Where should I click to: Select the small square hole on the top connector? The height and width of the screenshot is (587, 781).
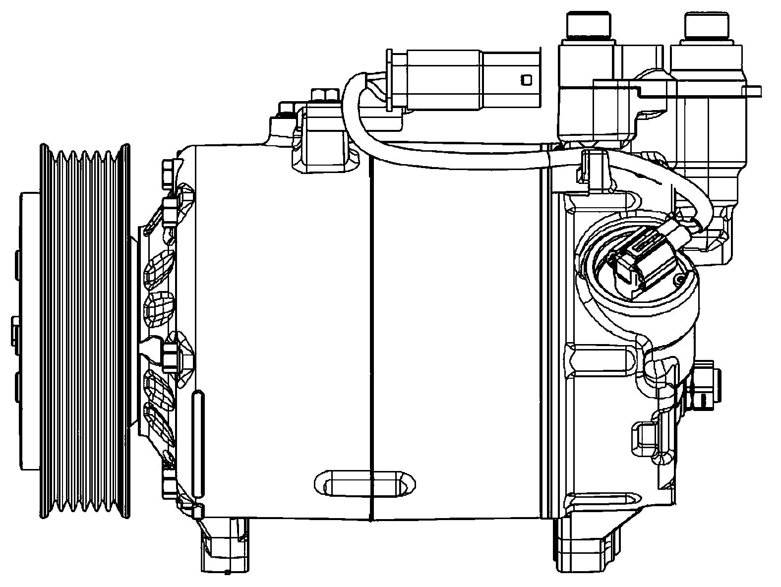(x=526, y=79)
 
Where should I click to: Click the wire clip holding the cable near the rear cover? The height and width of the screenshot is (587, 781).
(x=595, y=169)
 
